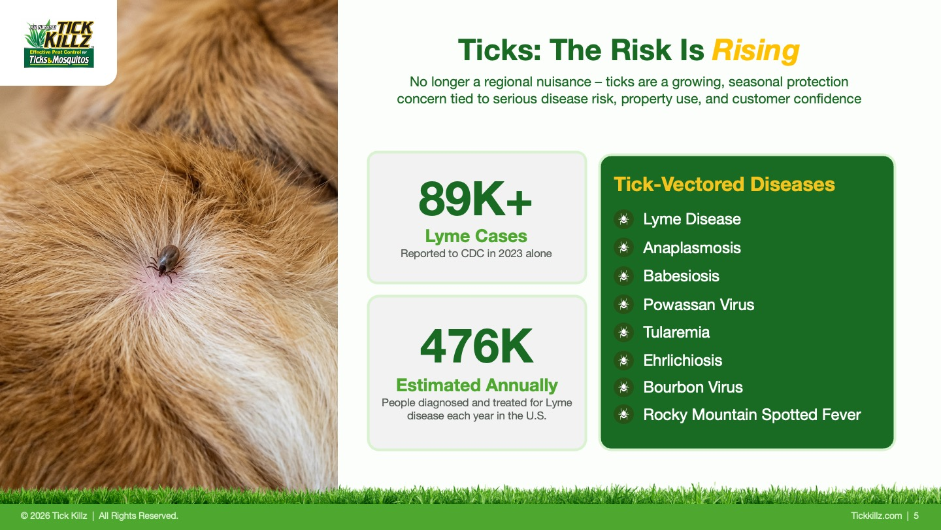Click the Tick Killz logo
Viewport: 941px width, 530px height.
click(59, 44)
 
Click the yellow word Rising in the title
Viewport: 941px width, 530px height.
click(755, 51)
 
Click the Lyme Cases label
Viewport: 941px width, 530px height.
click(476, 236)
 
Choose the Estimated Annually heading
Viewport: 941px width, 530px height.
click(477, 385)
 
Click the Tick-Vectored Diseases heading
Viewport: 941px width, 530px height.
click(724, 185)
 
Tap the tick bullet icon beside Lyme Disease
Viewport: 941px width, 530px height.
click(624, 219)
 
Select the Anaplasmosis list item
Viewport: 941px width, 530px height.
click(691, 248)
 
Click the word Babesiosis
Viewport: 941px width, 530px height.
click(681, 276)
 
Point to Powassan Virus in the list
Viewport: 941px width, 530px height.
click(699, 304)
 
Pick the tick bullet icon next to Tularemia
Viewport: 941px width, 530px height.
click(624, 332)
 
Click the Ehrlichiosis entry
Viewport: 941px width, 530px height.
click(683, 361)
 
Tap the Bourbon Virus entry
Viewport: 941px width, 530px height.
click(693, 387)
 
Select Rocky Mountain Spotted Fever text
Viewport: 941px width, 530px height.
click(752, 415)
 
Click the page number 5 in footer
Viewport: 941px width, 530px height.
click(916, 516)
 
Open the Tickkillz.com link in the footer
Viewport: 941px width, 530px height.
click(876, 516)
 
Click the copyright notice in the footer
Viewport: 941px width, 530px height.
click(99, 516)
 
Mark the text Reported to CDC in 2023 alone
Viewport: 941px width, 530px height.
click(476, 254)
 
